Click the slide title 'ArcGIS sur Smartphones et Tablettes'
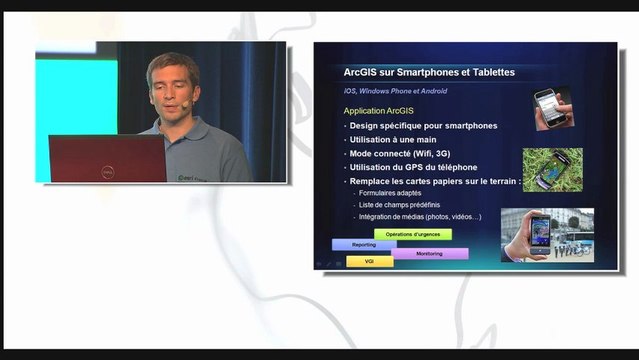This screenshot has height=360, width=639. tap(429, 73)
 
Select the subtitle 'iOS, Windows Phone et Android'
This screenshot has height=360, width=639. tap(395, 91)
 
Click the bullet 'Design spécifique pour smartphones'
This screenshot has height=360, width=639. tap(423, 126)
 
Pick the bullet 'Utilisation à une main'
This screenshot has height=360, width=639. tap(392, 140)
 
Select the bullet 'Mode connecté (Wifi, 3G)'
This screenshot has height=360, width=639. tap(397, 154)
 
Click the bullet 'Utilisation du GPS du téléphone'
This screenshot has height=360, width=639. tap(413, 167)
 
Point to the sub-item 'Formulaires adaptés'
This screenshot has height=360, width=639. tap(389, 193)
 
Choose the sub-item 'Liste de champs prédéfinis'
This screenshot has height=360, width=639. tap(399, 205)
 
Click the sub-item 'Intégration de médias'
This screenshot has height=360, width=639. tap(420, 217)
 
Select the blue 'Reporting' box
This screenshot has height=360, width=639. tap(364, 244)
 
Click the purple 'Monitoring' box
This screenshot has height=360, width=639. tap(429, 254)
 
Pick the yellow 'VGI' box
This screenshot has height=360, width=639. tap(369, 262)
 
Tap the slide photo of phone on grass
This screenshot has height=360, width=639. tap(551, 170)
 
